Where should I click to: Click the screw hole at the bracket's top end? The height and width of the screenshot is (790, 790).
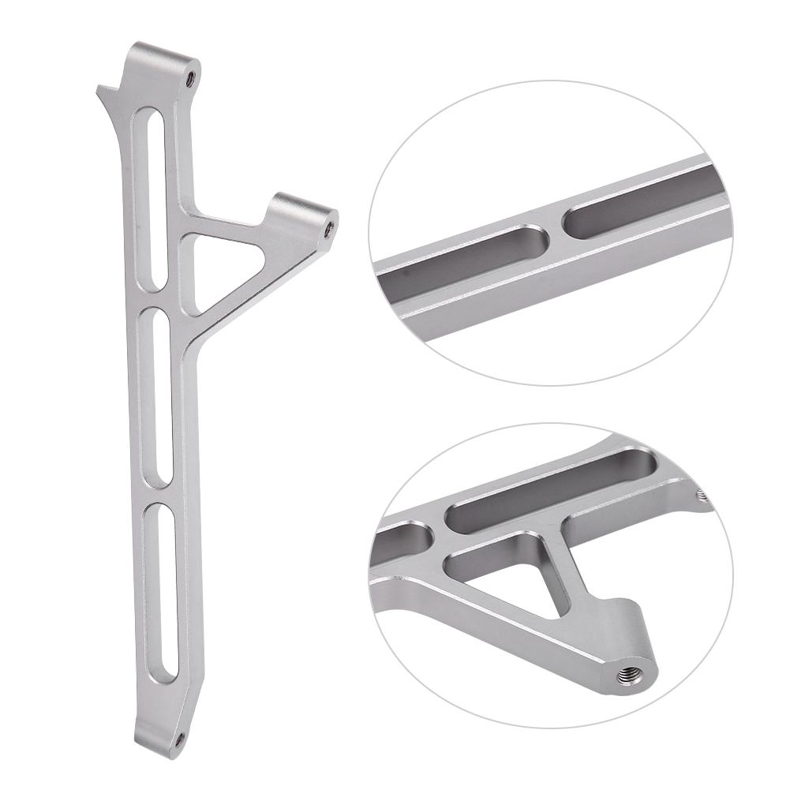pyautogui.click(x=190, y=77)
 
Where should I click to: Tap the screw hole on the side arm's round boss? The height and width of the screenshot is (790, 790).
pyautogui.click(x=329, y=227)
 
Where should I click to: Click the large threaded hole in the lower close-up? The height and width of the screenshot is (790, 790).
pyautogui.click(x=628, y=676)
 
